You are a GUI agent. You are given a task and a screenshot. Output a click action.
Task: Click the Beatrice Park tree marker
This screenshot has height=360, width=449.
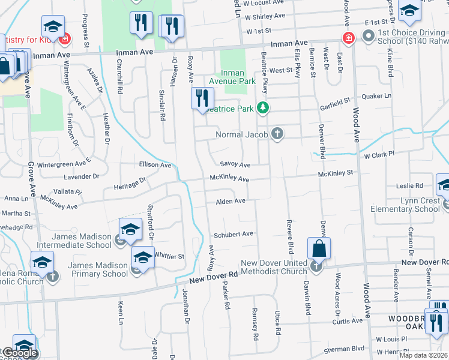point(262,108)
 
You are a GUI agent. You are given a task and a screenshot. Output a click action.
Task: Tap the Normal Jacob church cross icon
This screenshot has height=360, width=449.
point(277,133)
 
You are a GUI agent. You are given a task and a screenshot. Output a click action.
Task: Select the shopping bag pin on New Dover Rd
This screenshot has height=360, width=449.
point(318,248)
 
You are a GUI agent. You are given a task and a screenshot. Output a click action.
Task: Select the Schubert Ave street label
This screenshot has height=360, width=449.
point(234,235)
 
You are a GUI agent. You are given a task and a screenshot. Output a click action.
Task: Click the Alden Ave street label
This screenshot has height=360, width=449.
point(231,201)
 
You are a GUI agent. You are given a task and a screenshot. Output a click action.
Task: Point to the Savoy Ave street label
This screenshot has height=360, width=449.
point(235,164)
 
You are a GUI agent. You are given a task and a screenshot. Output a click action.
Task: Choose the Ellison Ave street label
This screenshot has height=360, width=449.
point(154,164)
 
